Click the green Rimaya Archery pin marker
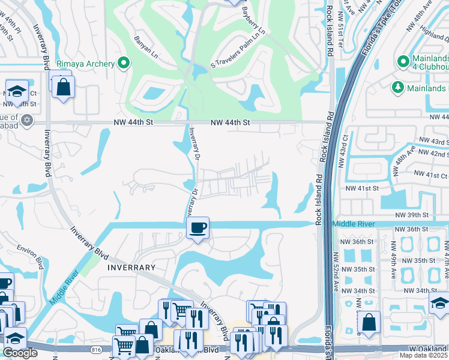[124, 63]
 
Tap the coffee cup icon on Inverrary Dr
[197, 227]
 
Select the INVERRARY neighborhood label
[132, 268]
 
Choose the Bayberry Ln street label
[253, 18]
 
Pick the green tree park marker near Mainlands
[397, 88]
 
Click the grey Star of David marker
[25, 121]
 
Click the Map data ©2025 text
[423, 355]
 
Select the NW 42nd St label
[435, 154]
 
